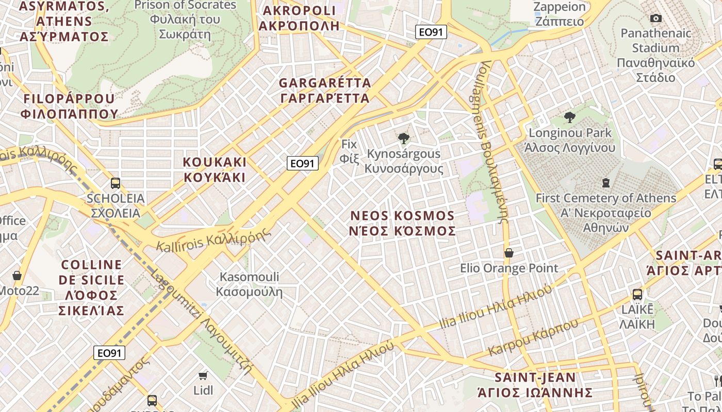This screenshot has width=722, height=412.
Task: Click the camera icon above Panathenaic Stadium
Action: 656,19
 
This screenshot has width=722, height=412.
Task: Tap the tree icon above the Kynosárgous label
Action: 404,138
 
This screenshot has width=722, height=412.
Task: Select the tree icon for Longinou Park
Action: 570,117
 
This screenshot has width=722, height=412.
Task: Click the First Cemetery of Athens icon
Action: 606,183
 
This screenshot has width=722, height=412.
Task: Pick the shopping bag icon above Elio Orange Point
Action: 509,253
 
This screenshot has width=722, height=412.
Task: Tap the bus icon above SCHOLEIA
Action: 116,183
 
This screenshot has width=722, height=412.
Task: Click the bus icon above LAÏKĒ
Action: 637,295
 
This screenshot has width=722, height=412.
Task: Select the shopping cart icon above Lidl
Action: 203,375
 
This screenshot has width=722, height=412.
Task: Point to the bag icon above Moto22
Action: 17,276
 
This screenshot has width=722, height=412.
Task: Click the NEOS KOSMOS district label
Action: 402,223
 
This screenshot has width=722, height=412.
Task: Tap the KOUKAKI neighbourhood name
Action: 215,169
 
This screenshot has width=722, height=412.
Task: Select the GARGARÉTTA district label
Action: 325,90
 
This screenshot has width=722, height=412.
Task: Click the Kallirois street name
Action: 214,240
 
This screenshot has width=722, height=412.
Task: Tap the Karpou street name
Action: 533,338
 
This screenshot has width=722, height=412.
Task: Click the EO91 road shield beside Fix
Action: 303,164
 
